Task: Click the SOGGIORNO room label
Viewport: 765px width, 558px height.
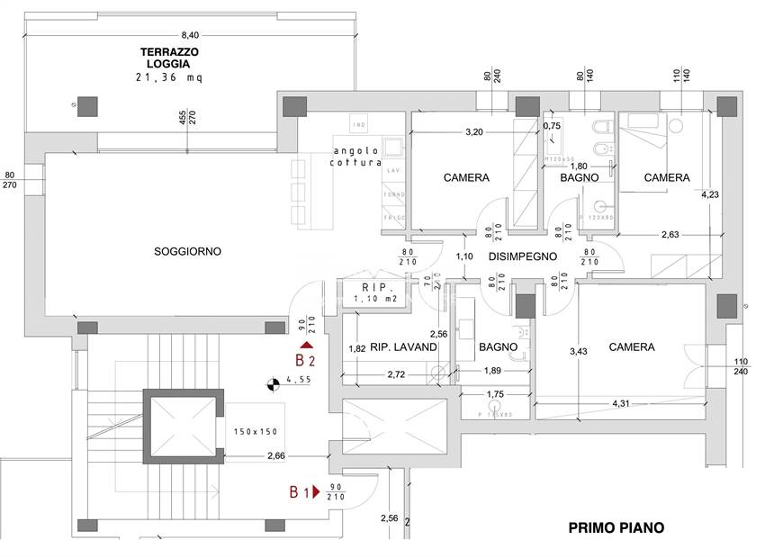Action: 187,251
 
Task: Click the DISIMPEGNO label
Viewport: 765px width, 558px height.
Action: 523,256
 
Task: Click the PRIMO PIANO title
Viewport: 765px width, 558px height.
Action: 617,528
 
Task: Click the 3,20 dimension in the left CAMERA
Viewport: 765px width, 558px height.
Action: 474,131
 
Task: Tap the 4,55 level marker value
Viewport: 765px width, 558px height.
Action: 300,380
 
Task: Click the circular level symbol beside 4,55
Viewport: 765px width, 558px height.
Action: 270,386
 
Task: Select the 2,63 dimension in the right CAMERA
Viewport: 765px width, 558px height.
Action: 670,235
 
